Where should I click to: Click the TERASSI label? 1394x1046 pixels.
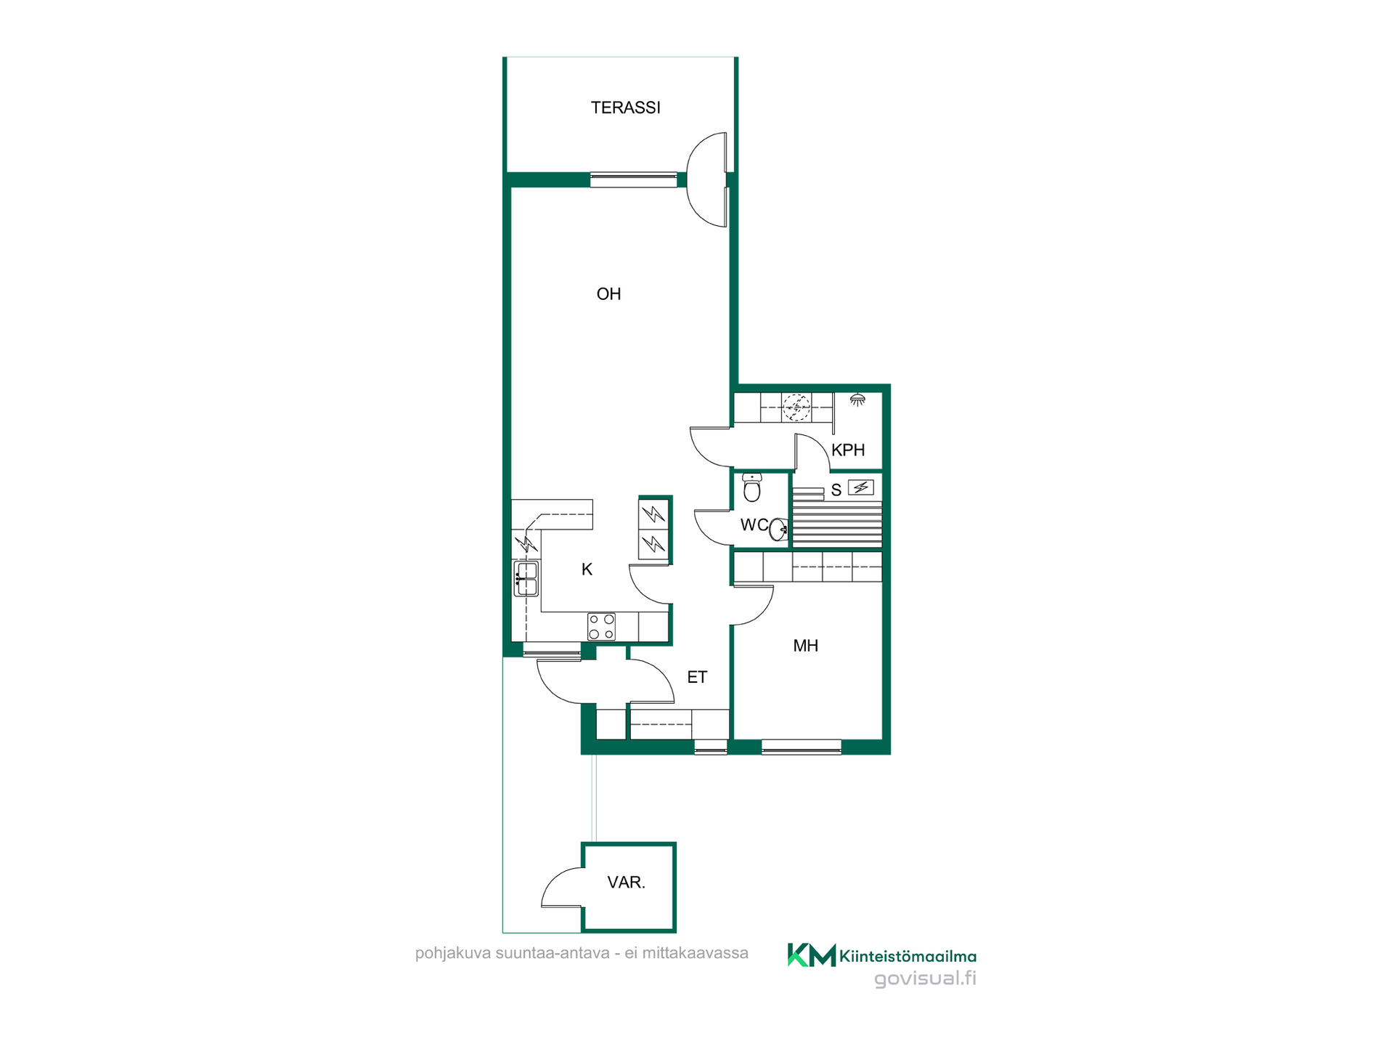(625, 108)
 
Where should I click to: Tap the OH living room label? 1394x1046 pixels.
(608, 294)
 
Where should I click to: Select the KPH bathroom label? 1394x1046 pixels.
(848, 450)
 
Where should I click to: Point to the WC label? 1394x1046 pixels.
(754, 524)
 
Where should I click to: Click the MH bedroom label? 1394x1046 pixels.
(805, 646)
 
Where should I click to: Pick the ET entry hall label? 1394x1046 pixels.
(697, 677)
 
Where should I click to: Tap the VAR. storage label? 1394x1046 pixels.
(626, 883)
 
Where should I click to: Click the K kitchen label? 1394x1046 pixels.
(587, 569)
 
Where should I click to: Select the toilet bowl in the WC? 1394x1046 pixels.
(752, 487)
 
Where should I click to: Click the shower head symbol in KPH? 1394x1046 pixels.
(857, 400)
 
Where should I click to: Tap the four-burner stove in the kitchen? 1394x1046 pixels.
(601, 627)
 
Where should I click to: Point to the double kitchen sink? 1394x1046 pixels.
(526, 578)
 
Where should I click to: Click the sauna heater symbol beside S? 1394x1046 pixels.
(861, 487)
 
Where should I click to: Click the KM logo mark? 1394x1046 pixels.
(811, 954)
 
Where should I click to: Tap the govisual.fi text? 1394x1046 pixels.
(925, 978)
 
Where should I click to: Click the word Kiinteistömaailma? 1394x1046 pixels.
(908, 956)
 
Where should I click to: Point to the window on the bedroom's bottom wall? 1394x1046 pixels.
(801, 747)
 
